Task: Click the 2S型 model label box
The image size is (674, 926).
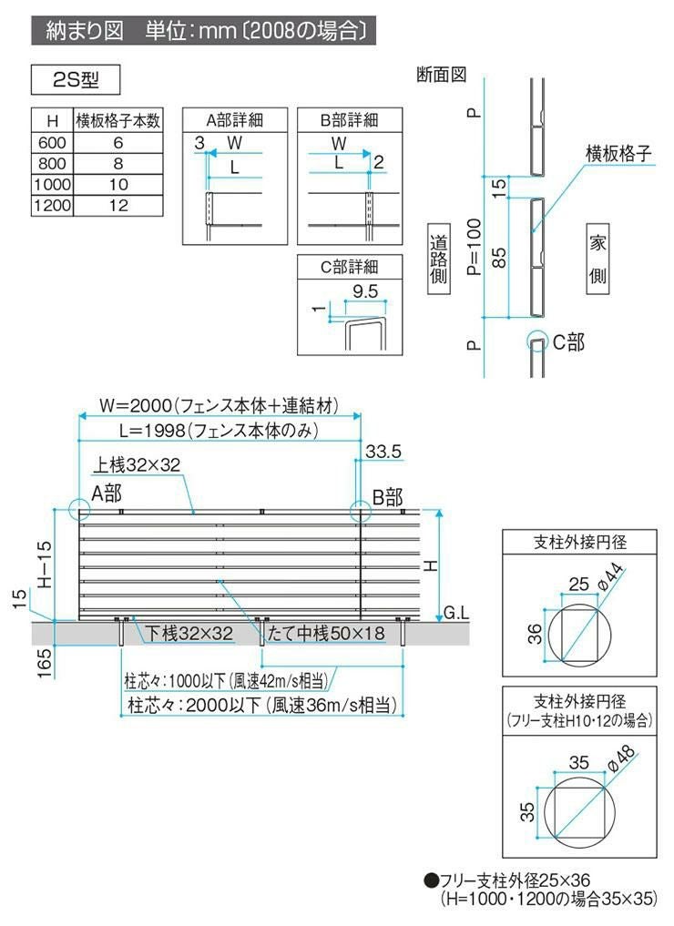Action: point(77,80)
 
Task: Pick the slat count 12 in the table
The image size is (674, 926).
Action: point(117,206)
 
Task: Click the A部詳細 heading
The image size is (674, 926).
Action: point(234,120)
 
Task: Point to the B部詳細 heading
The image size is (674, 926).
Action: point(349,120)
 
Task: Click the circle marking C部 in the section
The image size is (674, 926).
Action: point(537,341)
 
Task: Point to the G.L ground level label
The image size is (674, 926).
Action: point(455,615)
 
